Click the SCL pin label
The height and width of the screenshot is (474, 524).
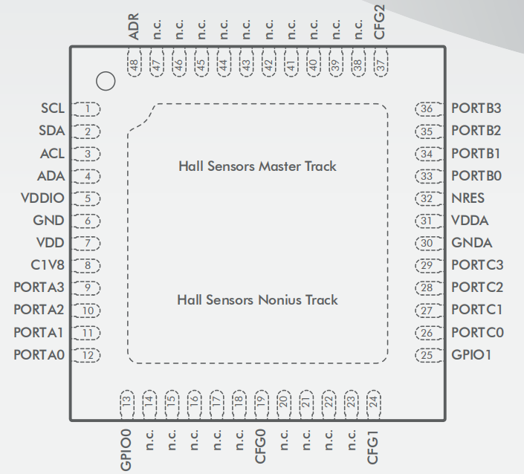(x=52, y=108)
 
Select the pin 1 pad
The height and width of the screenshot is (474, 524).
(x=88, y=109)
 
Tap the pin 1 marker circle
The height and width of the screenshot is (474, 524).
(x=106, y=81)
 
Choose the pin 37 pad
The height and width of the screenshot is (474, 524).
(x=381, y=65)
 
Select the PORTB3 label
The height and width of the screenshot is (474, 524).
(x=476, y=108)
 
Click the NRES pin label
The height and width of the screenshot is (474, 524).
(x=468, y=198)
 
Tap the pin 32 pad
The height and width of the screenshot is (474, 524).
(x=427, y=198)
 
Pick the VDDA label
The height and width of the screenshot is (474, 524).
(x=470, y=221)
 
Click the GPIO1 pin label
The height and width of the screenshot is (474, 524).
(x=472, y=355)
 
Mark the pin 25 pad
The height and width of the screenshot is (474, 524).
(x=427, y=355)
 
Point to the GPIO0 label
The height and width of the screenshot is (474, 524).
(x=126, y=449)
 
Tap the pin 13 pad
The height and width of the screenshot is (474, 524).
(x=126, y=401)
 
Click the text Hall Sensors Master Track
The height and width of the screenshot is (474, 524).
(x=257, y=166)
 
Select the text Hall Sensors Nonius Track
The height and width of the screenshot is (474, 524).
(x=257, y=300)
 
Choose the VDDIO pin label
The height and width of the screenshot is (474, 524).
(x=43, y=198)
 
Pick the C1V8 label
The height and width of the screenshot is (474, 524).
(x=48, y=265)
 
